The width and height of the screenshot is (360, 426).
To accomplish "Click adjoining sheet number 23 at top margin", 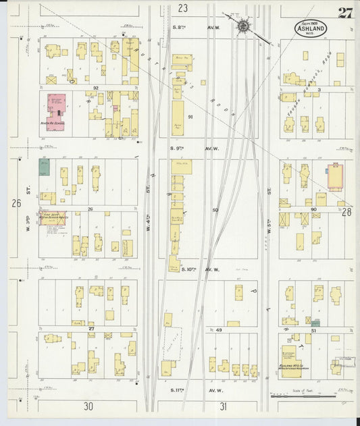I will click(x=183, y=8).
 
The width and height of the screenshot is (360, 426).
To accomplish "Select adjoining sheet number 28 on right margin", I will click(x=347, y=212).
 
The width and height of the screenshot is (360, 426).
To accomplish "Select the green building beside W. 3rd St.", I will click(x=44, y=167).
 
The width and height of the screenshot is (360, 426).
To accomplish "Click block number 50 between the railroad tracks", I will click(x=215, y=211).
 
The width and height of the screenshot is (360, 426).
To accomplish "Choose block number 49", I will click(x=219, y=329).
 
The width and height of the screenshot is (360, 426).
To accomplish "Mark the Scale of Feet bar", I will click(x=311, y=396).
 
